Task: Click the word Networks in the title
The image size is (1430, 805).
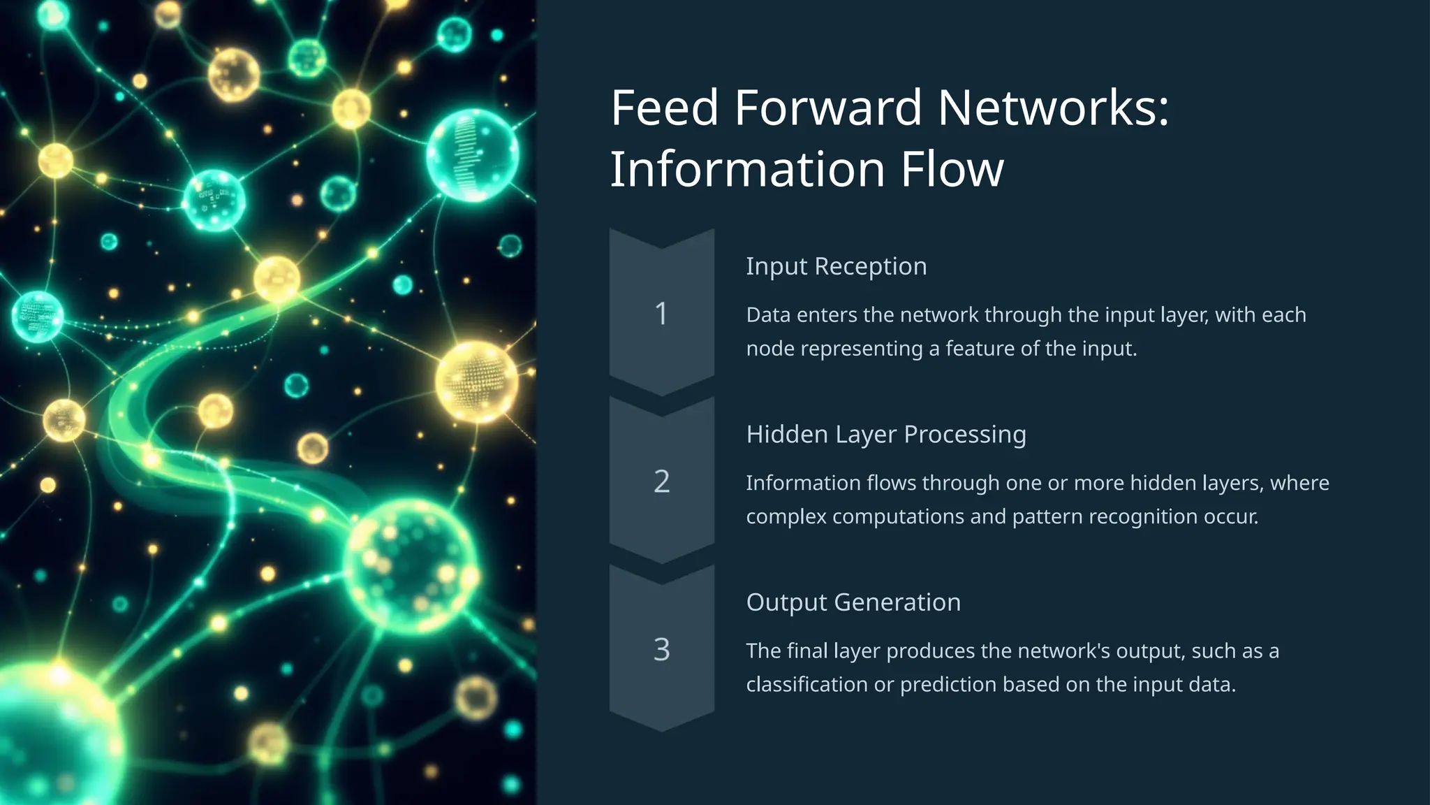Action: (1052, 108)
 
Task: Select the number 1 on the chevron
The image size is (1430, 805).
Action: (661, 314)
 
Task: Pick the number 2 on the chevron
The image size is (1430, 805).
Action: (661, 481)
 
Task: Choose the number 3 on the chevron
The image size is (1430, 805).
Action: (661, 650)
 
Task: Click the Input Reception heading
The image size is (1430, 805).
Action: (836, 266)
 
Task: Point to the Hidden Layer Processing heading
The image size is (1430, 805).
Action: (885, 434)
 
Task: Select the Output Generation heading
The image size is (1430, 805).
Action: (853, 602)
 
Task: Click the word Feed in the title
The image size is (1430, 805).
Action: (664, 108)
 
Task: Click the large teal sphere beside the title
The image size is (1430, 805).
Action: (473, 155)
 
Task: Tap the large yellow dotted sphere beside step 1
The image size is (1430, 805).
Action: (478, 381)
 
